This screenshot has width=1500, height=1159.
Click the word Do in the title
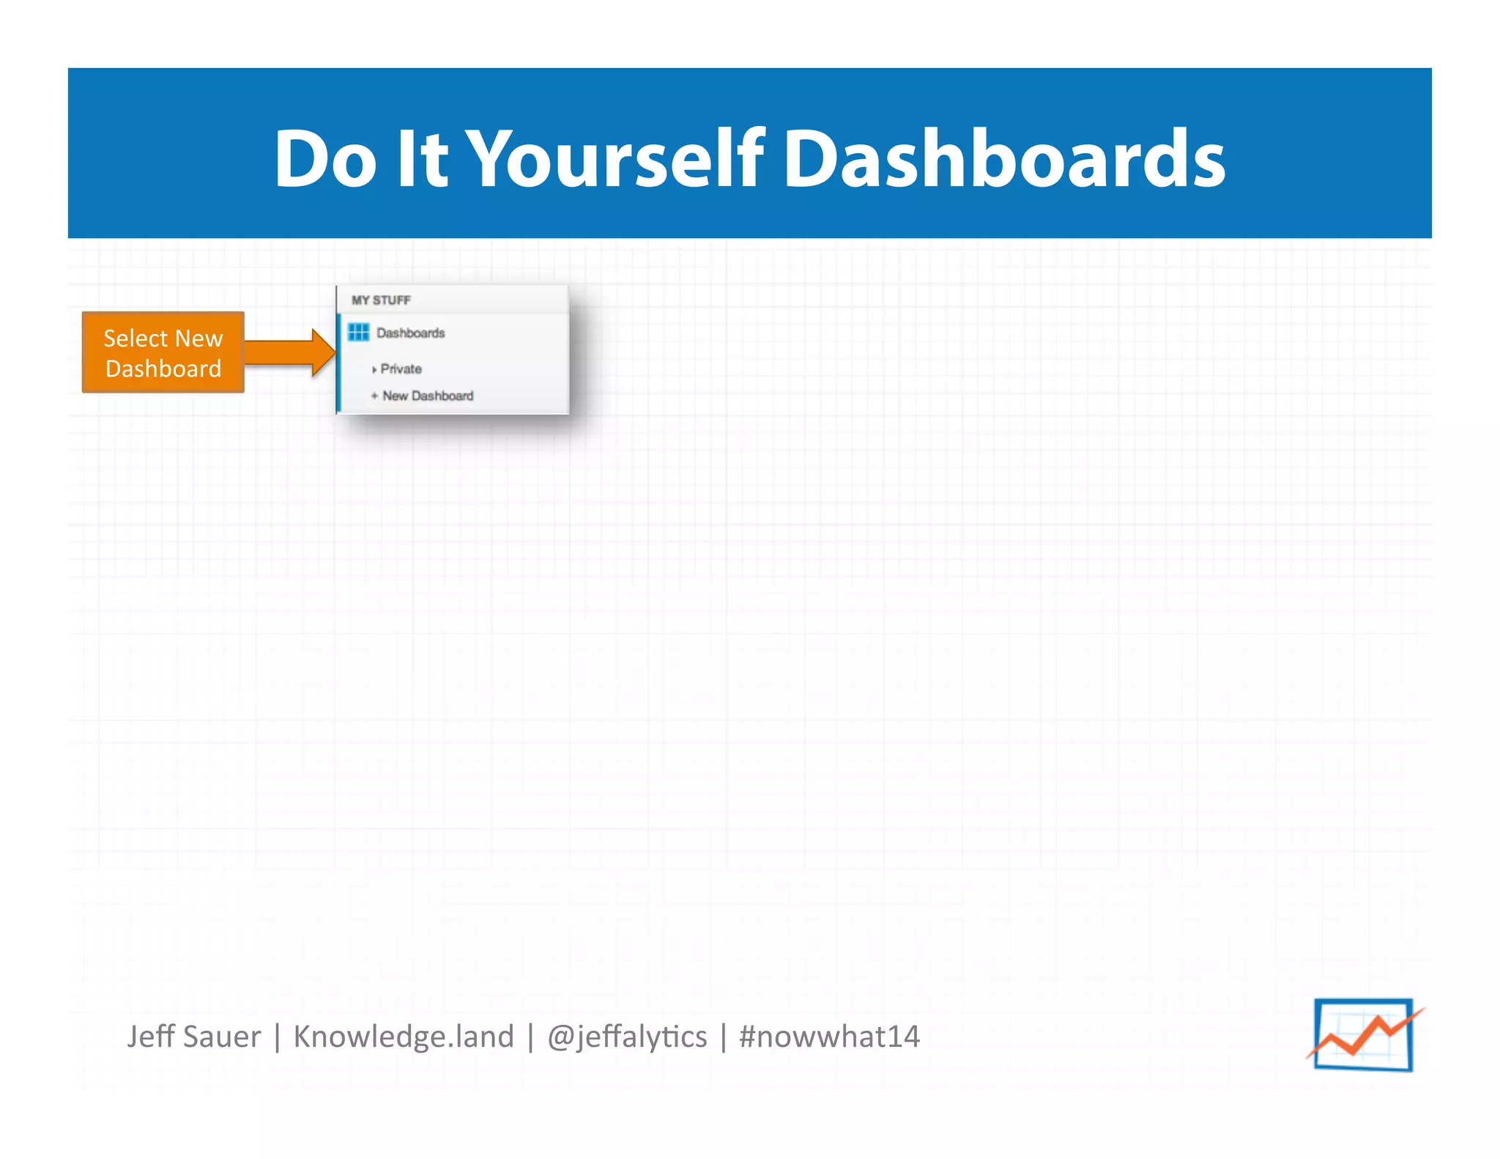pos(325,158)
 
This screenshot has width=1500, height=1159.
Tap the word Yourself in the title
pos(615,158)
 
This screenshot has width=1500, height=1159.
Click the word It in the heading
pos(421,158)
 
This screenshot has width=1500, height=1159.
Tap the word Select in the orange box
pos(135,338)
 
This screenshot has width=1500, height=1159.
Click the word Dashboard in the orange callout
pos(163,369)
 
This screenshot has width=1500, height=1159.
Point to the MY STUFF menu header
pos(381,300)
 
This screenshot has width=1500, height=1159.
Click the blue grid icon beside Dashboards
pos(359,333)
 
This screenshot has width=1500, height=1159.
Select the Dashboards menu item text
pos(411,333)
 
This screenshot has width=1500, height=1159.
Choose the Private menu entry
pos(401,369)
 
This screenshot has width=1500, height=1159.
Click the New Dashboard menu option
pos(428,396)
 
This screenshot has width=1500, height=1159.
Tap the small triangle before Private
pos(374,370)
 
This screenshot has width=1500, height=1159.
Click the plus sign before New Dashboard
pos(374,396)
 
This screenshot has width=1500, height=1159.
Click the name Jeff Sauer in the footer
pos(194,1037)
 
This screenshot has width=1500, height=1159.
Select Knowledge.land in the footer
pos(404,1037)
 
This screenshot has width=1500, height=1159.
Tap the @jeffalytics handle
pos(627,1037)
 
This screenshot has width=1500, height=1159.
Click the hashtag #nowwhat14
pos(829,1037)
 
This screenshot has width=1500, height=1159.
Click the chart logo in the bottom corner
pos(1364,1034)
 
